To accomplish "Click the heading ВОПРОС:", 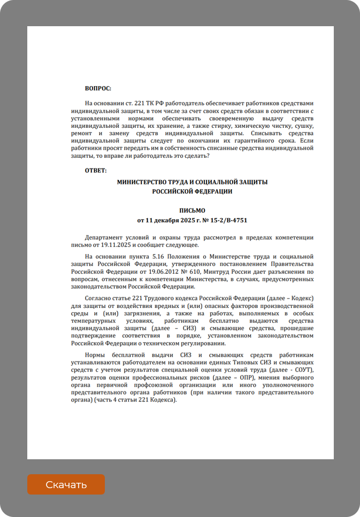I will [x=98, y=88].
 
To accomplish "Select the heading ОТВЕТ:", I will [x=96, y=171].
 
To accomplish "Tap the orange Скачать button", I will [x=66, y=485].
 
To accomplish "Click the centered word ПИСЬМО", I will [x=192, y=211].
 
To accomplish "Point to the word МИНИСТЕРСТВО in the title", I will [x=143, y=182].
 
